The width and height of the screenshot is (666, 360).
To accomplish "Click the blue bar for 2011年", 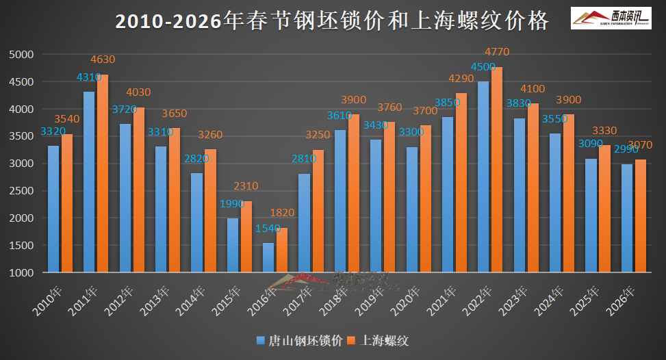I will (89, 182).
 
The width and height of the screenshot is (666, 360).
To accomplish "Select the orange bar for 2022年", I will (496, 170).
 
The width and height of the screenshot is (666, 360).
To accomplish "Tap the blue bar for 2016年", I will (268, 257).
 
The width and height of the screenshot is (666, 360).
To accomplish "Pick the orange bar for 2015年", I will (246, 237).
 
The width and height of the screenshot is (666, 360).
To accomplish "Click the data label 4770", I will (497, 51).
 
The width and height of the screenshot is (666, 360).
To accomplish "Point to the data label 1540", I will (268, 228).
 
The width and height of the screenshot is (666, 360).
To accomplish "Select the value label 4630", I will (103, 60).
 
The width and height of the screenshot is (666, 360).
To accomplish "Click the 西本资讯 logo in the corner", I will (611, 17).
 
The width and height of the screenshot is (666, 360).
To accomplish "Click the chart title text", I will (332, 21).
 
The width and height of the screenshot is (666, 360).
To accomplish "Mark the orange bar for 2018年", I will (353, 193).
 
